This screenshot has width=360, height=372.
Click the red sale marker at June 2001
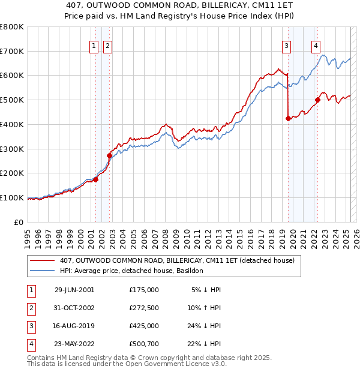pyautogui.click(x=95, y=179)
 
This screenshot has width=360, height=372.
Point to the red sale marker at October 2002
pyautogui.click(x=109, y=155)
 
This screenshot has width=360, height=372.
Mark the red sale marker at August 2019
pyautogui.click(x=288, y=118)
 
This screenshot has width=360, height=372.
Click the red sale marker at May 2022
pyautogui.click(x=317, y=100)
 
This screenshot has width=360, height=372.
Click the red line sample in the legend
pyautogui.click(x=43, y=261)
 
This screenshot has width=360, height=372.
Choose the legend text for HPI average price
pyautogui.click(x=131, y=271)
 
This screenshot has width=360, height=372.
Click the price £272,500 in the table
pyautogui.click(x=143, y=307)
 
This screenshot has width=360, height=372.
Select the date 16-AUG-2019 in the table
pyautogui.click(x=74, y=325)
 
